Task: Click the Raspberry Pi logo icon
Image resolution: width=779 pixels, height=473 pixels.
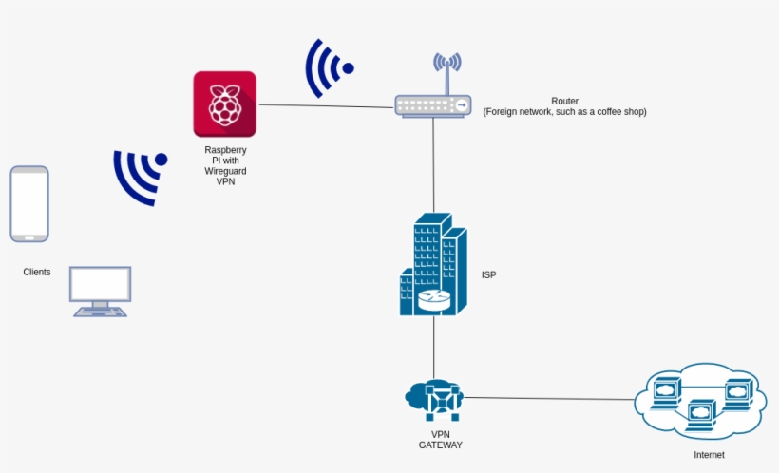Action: point(224,104)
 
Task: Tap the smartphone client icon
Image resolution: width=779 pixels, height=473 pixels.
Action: point(29,204)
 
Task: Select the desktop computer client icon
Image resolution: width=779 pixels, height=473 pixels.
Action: point(101,291)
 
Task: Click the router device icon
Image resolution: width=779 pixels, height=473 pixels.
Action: point(433,105)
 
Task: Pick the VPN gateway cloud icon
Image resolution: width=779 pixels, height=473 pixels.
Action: point(434,399)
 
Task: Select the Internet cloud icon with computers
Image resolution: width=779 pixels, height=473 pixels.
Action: point(700,400)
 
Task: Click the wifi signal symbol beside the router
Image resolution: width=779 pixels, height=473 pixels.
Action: point(328,68)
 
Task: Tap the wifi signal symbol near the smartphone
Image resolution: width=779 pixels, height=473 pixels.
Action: point(140,176)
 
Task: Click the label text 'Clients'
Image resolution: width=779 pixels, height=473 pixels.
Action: point(37,273)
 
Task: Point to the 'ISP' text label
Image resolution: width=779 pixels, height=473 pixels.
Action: point(488,275)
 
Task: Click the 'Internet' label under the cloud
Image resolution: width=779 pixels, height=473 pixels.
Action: point(709,455)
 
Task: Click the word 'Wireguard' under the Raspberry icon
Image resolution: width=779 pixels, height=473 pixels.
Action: point(225,171)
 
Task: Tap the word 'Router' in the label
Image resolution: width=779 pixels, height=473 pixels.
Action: point(564,101)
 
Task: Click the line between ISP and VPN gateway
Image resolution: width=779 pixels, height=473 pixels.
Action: point(434,347)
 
